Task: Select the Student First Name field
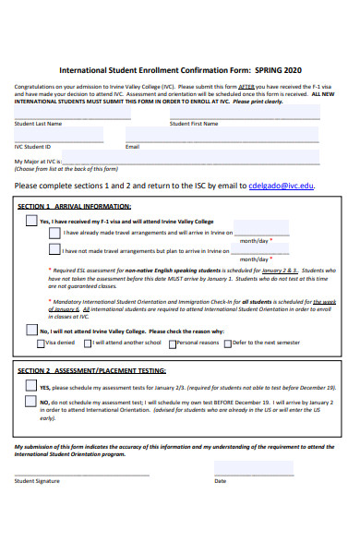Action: point(245,112)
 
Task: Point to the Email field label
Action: point(132,146)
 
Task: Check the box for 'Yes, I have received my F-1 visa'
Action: point(30,223)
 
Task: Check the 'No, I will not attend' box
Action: point(30,330)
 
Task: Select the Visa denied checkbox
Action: point(40,343)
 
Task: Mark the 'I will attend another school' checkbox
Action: point(88,343)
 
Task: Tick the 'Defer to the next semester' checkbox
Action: point(226,343)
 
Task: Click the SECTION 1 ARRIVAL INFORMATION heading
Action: point(75,206)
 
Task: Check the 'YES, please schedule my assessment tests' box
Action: point(30,387)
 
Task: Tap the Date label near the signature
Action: point(220,480)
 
